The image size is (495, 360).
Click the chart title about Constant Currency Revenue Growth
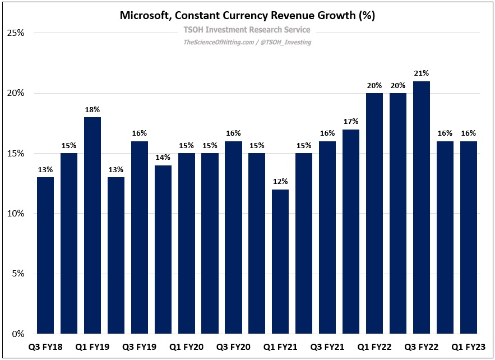[247, 16]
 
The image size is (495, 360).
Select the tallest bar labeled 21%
[422, 207]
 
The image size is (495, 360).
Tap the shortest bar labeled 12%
[280, 261]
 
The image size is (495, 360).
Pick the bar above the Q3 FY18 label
[45, 255]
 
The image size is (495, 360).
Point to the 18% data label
[92, 109]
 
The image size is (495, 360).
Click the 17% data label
[351, 122]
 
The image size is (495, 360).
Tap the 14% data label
[163, 158]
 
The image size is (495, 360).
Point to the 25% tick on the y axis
[15, 33]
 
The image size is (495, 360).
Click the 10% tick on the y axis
[15, 214]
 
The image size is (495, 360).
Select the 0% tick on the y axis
[17, 334]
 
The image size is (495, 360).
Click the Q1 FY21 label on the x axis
[280, 347]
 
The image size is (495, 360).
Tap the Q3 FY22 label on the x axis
[422, 347]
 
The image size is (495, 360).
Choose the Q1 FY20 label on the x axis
[186, 347]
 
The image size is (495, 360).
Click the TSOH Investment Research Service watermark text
[247, 30]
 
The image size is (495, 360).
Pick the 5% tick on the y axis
[17, 274]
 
